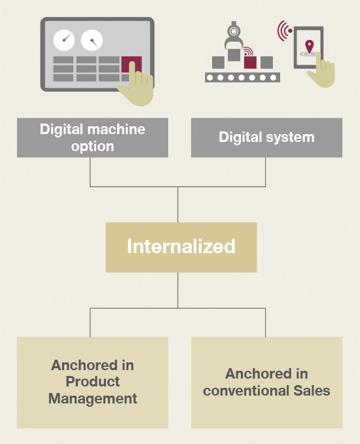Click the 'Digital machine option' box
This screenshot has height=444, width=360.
click(x=92, y=137)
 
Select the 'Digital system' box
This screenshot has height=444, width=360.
click(x=266, y=137)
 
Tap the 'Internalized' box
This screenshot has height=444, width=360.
click(x=181, y=247)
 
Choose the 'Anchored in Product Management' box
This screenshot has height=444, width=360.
click(x=92, y=383)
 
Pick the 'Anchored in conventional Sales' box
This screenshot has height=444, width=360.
click(x=266, y=383)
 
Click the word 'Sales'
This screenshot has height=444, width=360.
click(x=312, y=390)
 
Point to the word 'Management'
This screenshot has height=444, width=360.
click(x=93, y=399)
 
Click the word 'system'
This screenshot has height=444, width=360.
click(x=290, y=137)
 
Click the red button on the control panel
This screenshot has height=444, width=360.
click(x=132, y=64)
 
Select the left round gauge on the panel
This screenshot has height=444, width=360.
click(x=64, y=40)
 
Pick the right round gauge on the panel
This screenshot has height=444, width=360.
click(x=92, y=40)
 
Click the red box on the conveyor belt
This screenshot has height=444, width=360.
click(x=250, y=62)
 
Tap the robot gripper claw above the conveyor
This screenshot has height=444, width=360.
click(x=234, y=36)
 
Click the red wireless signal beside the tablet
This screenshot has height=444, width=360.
click(x=284, y=31)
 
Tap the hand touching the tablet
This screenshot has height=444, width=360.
click(x=322, y=71)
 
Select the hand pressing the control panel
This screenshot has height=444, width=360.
click(x=137, y=85)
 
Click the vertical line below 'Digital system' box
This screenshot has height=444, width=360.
click(x=265, y=172)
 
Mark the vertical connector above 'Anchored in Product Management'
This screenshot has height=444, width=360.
click(x=90, y=322)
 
